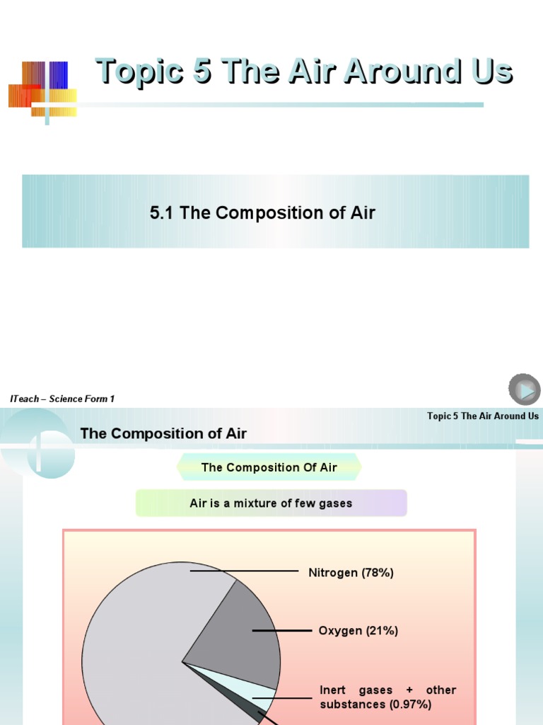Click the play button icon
[524, 390]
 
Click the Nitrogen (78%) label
[351, 573]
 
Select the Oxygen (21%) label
[358, 630]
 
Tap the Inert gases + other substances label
[387, 697]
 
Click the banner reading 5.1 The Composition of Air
[276, 212]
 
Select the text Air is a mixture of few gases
[271, 503]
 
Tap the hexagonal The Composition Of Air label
[269, 467]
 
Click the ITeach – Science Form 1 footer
[62, 399]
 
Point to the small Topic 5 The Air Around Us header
[483, 416]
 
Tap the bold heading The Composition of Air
[163, 433]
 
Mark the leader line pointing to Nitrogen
[244, 571]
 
